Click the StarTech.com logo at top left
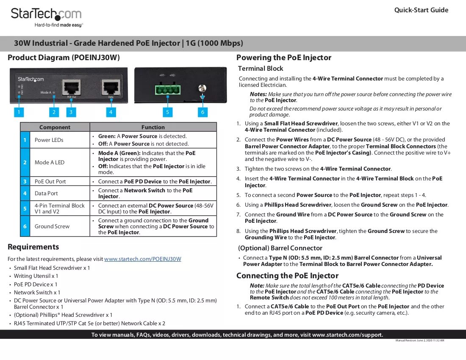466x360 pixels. tap(46, 17)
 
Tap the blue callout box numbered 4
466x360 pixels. tap(111, 112)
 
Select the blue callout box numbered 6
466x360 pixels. tap(202, 112)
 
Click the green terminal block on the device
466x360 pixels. tap(168, 89)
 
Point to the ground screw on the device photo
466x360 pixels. tap(202, 88)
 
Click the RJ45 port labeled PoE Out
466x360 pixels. tap(71, 87)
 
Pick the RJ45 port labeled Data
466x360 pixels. tap(111, 87)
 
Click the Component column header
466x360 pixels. tap(55, 127)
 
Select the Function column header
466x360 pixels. tap(153, 127)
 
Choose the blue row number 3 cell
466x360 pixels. tap(25, 182)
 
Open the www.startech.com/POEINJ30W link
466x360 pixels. tap(143, 259)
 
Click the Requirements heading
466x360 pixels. tap(33, 247)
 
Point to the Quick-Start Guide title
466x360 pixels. tap(421, 10)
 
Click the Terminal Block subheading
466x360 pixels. tap(261, 69)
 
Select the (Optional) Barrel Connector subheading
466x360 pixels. tap(280, 248)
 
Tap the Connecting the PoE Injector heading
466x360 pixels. tap(287, 276)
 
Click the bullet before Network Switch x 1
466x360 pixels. tap(10, 293)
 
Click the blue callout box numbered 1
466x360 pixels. tap(19, 112)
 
